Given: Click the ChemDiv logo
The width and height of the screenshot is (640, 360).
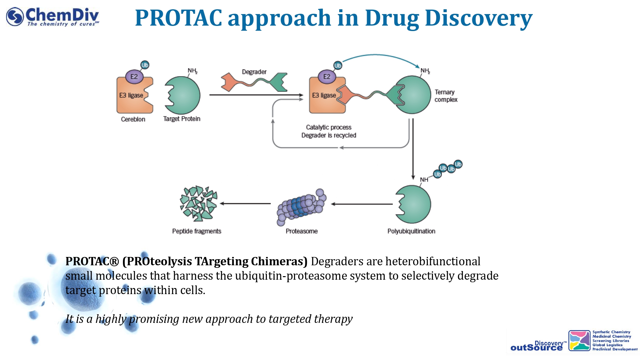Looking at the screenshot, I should pyautogui.click(x=53, y=17).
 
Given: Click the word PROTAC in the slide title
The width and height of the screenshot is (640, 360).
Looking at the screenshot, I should pyautogui.click(x=178, y=18).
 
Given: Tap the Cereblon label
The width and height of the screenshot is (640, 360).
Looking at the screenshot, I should pyautogui.click(x=133, y=119).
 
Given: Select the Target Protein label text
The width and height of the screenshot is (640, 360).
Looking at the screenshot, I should pyautogui.click(x=181, y=119).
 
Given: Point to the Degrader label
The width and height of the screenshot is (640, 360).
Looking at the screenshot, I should pyautogui.click(x=254, y=72).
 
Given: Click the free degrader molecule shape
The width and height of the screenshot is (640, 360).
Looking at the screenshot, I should pyautogui.click(x=254, y=83).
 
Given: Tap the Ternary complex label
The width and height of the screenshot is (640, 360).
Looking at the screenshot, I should pyautogui.click(x=446, y=96).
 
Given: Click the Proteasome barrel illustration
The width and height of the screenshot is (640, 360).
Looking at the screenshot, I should pyautogui.click(x=301, y=206).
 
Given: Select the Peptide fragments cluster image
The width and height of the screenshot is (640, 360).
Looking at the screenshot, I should pyautogui.click(x=198, y=204).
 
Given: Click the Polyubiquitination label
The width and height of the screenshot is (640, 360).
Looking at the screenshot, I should pyautogui.click(x=411, y=231).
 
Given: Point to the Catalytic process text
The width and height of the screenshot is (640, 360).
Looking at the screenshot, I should pyautogui.click(x=329, y=127).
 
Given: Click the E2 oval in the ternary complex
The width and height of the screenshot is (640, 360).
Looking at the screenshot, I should pyautogui.click(x=326, y=77).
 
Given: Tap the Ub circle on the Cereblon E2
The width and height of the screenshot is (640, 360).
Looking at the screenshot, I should pyautogui.click(x=145, y=65).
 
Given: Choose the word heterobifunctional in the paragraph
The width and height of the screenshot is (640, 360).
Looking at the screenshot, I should pyautogui.click(x=433, y=261).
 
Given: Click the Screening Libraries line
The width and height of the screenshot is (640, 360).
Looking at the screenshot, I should pyautogui.click(x=611, y=341).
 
